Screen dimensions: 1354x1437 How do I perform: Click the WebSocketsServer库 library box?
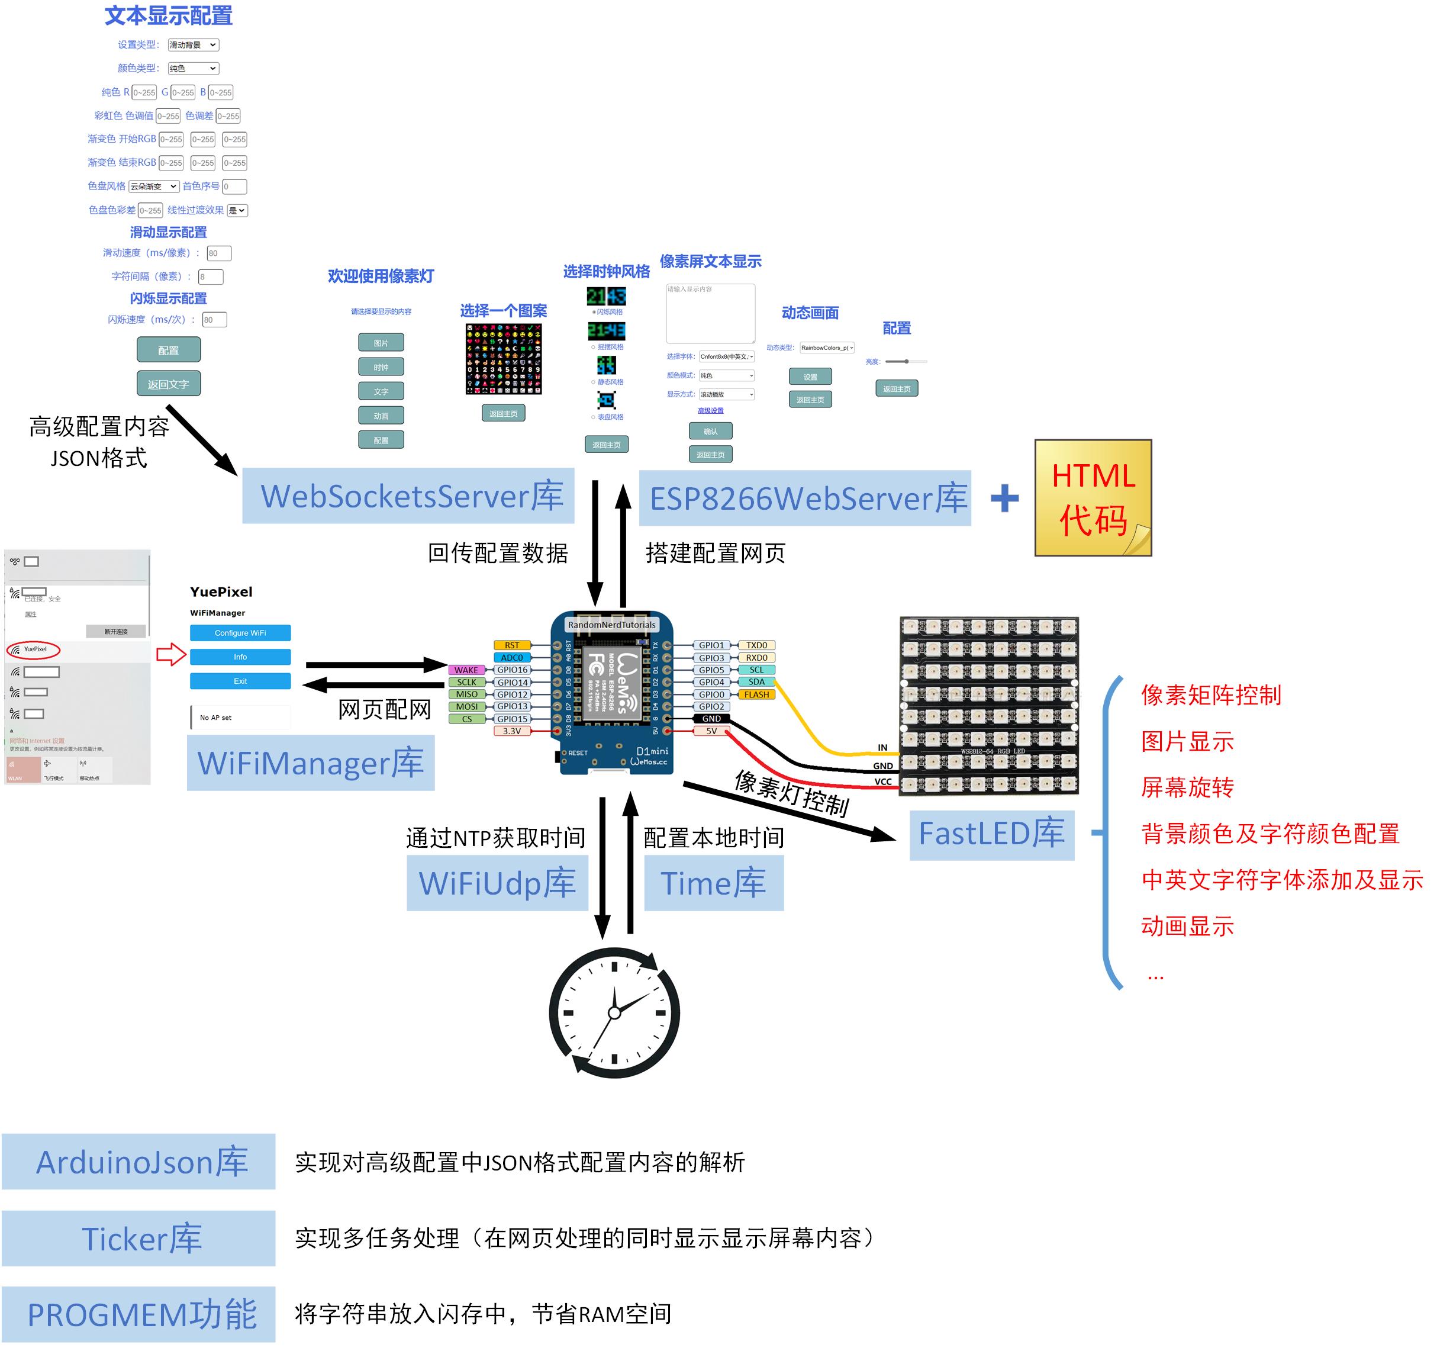coord(408,496)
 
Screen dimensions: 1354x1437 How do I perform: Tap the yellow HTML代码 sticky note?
coord(1093,498)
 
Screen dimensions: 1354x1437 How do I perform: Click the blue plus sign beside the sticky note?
coord(1004,498)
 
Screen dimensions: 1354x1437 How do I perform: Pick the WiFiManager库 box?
coord(311,763)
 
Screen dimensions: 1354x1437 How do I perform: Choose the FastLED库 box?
coord(992,834)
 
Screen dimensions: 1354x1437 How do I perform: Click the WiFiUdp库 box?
coord(497,883)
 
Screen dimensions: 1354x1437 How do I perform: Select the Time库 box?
coord(713,883)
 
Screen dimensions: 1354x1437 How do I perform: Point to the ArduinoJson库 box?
coord(138,1162)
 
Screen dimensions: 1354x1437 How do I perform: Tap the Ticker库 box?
coord(138,1239)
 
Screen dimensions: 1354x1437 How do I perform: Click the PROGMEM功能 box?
coord(138,1314)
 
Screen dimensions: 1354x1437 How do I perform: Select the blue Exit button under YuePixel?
coord(241,681)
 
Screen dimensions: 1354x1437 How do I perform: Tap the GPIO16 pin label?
coord(512,670)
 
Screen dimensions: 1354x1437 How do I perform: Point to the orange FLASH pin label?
coord(757,694)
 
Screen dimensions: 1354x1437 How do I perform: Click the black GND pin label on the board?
coord(711,719)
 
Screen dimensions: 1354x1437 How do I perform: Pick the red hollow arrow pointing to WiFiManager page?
coord(171,655)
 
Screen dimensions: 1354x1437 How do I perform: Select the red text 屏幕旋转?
coord(1187,787)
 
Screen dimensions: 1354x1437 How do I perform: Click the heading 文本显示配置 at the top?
coord(169,16)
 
